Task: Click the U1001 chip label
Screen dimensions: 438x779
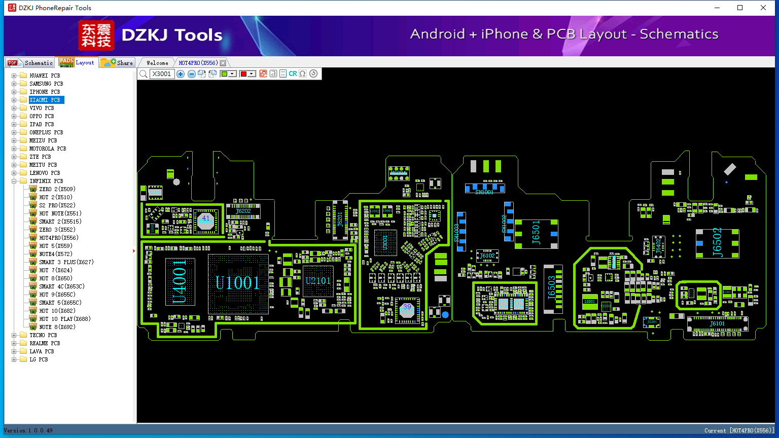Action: (x=237, y=283)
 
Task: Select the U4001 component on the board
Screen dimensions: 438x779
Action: (x=180, y=282)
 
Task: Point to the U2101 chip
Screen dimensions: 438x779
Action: (x=318, y=281)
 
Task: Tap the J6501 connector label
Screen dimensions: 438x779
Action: (x=536, y=233)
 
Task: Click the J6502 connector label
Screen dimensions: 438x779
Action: (x=717, y=243)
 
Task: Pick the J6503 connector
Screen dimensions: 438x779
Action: (x=552, y=288)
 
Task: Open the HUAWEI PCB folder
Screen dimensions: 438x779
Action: (x=45, y=76)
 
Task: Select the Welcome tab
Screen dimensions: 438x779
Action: (x=157, y=63)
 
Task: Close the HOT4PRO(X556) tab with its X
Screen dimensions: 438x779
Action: (x=223, y=63)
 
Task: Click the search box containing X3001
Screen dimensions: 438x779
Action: (x=162, y=74)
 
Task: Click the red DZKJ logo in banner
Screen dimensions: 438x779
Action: (x=96, y=35)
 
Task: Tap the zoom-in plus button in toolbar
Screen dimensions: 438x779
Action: (x=181, y=74)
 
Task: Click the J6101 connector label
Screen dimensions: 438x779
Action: (x=717, y=324)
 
